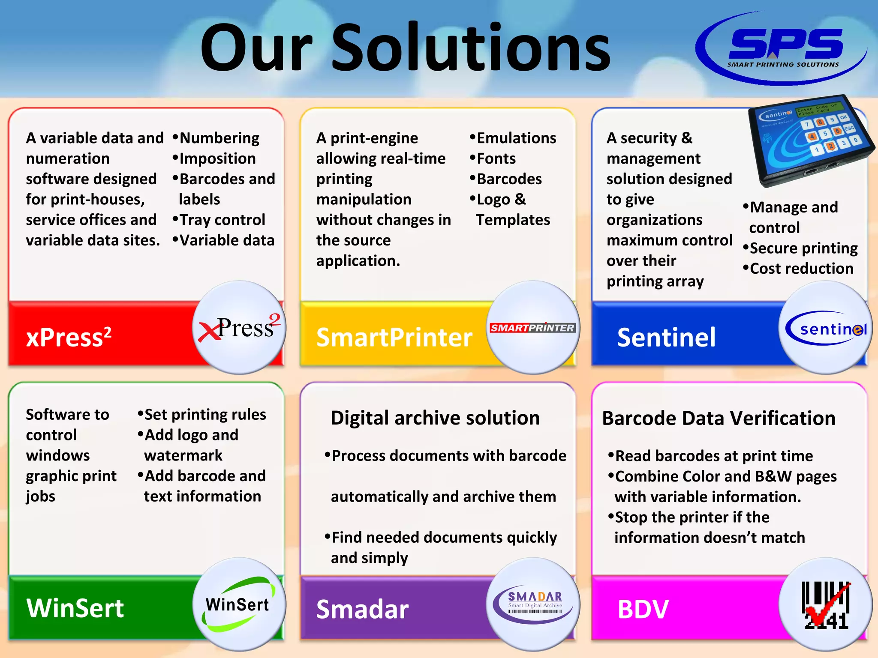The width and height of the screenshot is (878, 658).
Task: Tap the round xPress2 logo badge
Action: pos(239,328)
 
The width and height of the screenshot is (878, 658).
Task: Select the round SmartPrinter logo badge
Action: pos(532,328)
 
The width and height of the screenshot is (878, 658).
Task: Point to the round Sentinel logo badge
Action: pos(825,328)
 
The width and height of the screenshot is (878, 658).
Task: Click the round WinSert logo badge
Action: pos(239,604)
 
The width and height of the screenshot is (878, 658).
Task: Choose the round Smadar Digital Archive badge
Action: pos(533,604)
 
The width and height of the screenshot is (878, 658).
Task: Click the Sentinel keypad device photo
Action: pos(810,139)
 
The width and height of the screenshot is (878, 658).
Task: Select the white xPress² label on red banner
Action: pos(69,337)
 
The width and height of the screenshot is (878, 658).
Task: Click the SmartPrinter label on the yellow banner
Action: pos(394,337)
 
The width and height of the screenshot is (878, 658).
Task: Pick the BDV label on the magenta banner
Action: pos(643,609)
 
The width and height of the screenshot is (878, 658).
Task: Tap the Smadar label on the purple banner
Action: pos(362,609)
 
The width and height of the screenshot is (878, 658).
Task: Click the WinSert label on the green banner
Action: pos(75,608)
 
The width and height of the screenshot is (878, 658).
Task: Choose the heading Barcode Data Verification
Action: pos(719,418)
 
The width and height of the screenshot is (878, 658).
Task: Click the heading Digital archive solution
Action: pos(435,418)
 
